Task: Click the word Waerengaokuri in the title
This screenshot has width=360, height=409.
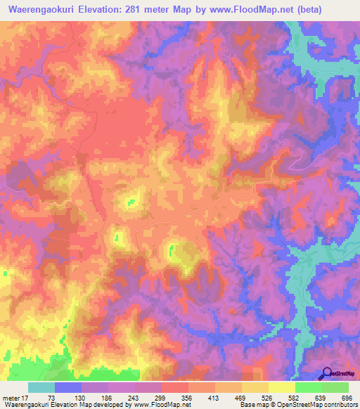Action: click(x=39, y=10)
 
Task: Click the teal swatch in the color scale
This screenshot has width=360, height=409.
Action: click(x=41, y=387)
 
